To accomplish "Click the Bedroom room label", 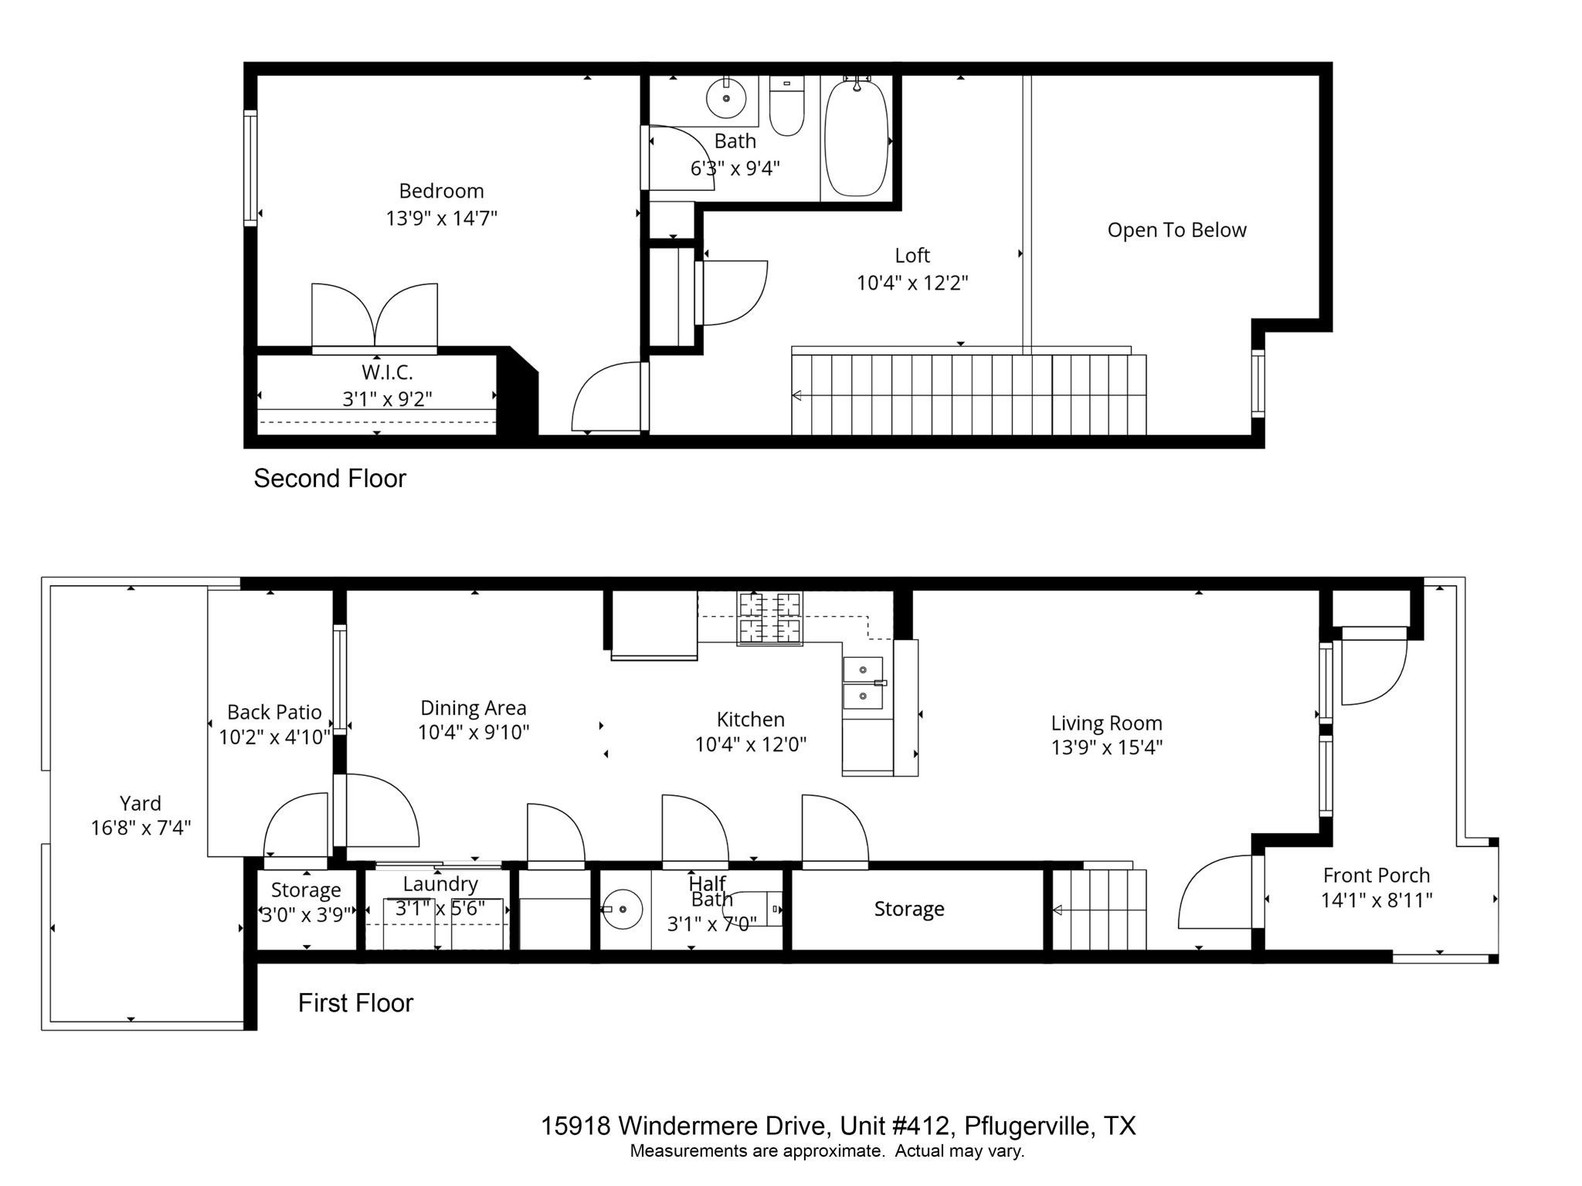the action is pos(441,191).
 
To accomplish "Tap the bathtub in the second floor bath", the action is pos(856,138).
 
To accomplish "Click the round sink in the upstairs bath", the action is pos(726,98).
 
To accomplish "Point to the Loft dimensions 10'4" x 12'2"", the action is pos(912,283).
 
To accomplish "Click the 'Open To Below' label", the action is pos(1176,230).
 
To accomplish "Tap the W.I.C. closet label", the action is pos(387,373).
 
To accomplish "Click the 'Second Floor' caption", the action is pos(330,479).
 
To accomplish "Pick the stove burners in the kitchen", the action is pos(769,618).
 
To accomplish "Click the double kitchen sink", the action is pos(864,683).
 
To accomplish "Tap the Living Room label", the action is pos(1106,723).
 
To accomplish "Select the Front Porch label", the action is pos(1377,876).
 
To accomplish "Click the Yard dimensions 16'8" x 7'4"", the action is pos(141,829).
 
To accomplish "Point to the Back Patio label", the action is pos(274,712).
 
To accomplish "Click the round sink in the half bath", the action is pos(622,910).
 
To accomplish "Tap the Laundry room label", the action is pos(440,884).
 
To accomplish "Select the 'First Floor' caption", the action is pos(355,1003).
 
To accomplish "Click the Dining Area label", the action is pos(474,708).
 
